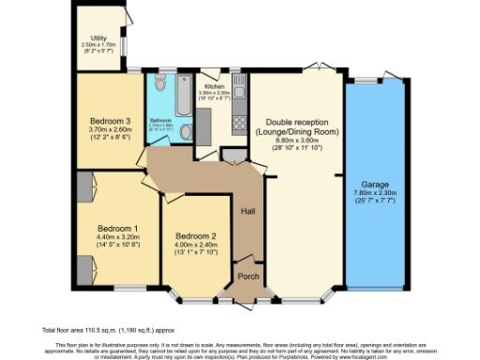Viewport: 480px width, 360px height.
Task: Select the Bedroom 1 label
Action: [118, 228]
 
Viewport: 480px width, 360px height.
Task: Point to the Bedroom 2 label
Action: [195, 235]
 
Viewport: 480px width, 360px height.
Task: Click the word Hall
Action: [248, 211]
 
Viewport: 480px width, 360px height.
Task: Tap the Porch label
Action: [248, 276]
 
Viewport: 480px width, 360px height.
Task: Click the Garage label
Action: [376, 185]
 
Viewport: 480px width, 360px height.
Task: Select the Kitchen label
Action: [215, 86]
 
